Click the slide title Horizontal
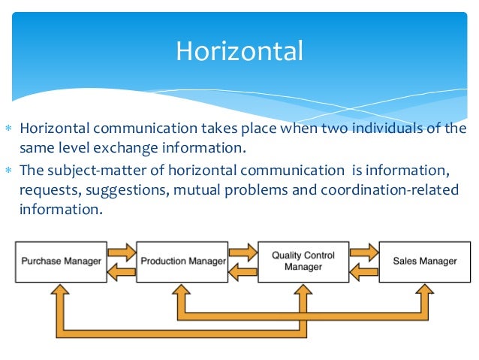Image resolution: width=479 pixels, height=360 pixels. (x=239, y=51)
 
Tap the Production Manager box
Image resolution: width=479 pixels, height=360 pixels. (x=183, y=262)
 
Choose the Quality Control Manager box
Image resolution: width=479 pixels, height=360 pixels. (x=304, y=262)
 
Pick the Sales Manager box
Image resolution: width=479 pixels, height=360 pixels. (x=425, y=262)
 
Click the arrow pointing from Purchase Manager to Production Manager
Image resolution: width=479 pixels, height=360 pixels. (x=122, y=249)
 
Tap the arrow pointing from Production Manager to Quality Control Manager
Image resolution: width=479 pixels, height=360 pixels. (x=243, y=249)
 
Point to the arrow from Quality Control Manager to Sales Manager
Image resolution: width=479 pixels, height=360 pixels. (x=364, y=249)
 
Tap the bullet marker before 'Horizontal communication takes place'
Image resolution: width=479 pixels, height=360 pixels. (x=9, y=128)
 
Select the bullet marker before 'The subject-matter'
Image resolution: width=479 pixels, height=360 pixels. (x=9, y=170)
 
